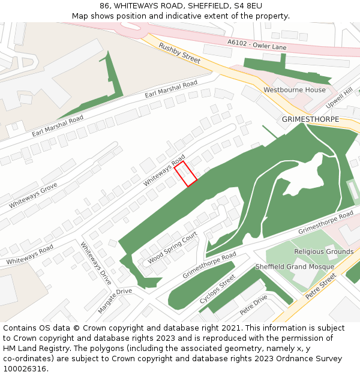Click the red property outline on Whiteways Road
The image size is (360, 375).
(186, 174)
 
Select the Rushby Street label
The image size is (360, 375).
(179, 53)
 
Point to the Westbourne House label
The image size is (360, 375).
(295, 90)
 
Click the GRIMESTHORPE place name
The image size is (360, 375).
(310, 119)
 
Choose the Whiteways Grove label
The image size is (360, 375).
(32, 196)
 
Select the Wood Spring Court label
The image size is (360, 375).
(172, 248)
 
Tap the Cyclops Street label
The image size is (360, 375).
(217, 290)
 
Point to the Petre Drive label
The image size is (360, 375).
(253, 305)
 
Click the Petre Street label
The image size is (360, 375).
(321, 287)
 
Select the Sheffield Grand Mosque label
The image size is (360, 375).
(295, 267)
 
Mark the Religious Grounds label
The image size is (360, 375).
(323, 251)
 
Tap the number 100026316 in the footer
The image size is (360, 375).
(25, 369)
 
